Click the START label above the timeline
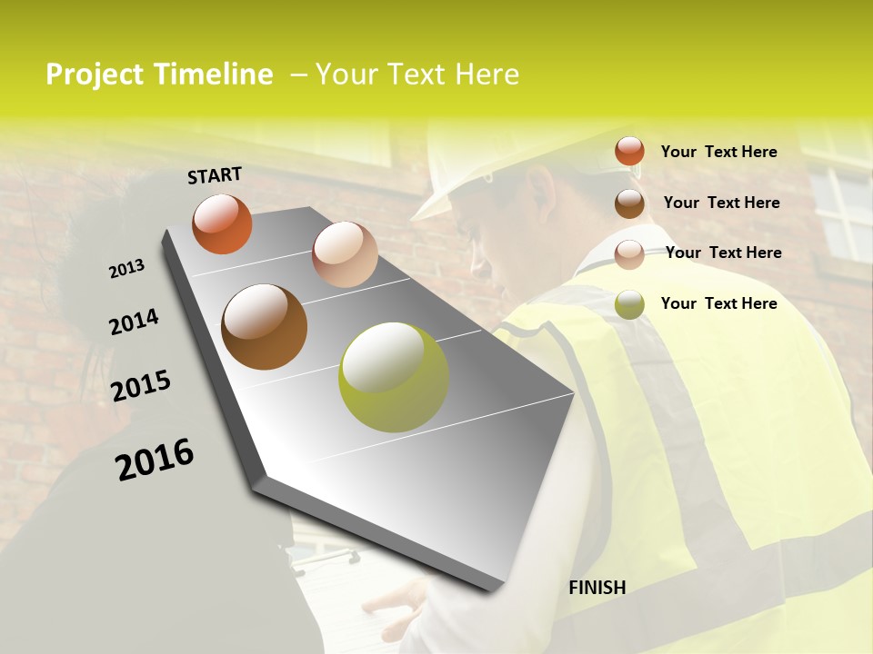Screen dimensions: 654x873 (x=215, y=175)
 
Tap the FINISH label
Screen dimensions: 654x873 (x=597, y=588)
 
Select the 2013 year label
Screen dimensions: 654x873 (x=126, y=269)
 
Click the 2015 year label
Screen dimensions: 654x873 (x=141, y=386)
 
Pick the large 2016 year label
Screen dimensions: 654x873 (x=155, y=460)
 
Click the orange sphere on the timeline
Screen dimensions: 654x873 (x=222, y=223)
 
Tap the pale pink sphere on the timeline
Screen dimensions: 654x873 (x=345, y=253)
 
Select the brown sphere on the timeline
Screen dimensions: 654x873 (x=264, y=327)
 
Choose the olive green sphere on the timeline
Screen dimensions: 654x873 (x=393, y=377)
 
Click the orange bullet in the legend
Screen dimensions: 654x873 (x=629, y=151)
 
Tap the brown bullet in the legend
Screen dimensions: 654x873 (x=629, y=203)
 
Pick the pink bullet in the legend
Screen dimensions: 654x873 (x=629, y=253)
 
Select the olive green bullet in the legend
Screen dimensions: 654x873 (x=629, y=304)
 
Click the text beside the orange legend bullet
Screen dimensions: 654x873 (x=718, y=152)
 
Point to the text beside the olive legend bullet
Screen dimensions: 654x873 (x=718, y=303)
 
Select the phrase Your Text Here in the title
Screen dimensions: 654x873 (x=416, y=74)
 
